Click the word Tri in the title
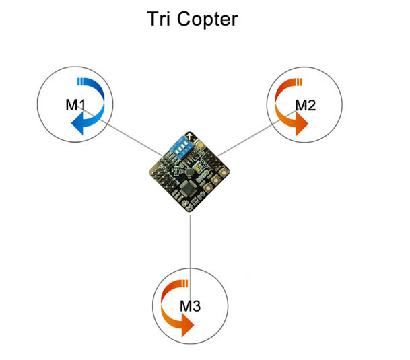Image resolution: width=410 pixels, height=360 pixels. point(159,19)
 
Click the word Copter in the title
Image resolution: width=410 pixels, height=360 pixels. point(207,20)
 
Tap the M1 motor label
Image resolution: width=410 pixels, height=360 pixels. point(75,105)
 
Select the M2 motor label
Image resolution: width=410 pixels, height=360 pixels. point(306,106)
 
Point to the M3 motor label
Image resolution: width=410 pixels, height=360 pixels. point(190,306)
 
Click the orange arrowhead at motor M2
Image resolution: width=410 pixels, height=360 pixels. point(301,124)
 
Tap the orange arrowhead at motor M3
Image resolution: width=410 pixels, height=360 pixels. point(187,326)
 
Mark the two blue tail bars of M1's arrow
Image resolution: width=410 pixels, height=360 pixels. point(80,81)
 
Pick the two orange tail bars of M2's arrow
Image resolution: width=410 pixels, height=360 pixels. point(299,82)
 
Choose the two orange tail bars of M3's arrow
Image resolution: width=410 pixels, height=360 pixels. point(185,283)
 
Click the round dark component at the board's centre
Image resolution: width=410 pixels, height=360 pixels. point(189,172)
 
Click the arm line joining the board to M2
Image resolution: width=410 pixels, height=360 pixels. point(257,133)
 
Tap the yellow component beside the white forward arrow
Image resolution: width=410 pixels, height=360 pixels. point(201,144)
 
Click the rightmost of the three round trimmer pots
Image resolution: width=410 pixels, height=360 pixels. point(223,172)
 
